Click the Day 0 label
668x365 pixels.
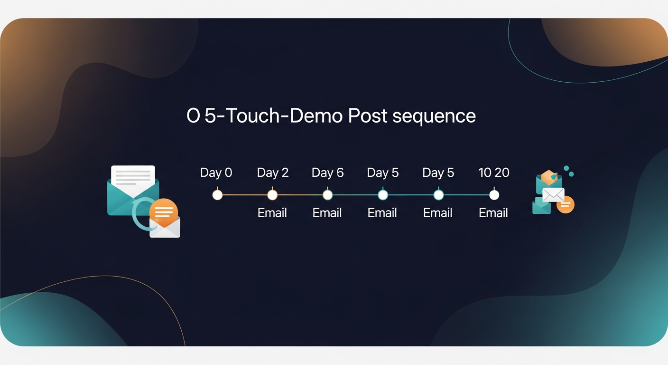(x=216, y=173)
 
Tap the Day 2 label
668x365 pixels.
(x=272, y=173)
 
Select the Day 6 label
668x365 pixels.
(x=327, y=173)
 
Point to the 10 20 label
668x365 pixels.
(x=494, y=173)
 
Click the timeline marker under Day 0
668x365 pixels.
(x=217, y=195)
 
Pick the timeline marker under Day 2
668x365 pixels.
(x=272, y=195)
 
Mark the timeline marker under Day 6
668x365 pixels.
(x=327, y=195)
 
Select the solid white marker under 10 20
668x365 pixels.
(x=494, y=195)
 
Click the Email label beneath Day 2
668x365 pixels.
(x=272, y=213)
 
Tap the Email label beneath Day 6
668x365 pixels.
(x=327, y=213)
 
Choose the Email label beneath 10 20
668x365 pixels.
(x=493, y=213)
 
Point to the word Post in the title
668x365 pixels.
(x=368, y=116)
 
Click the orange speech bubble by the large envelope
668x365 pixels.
(x=163, y=212)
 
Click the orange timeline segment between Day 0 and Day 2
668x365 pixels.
(x=245, y=195)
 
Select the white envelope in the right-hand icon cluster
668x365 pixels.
(x=553, y=194)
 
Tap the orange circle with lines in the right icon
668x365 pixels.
(x=565, y=205)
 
